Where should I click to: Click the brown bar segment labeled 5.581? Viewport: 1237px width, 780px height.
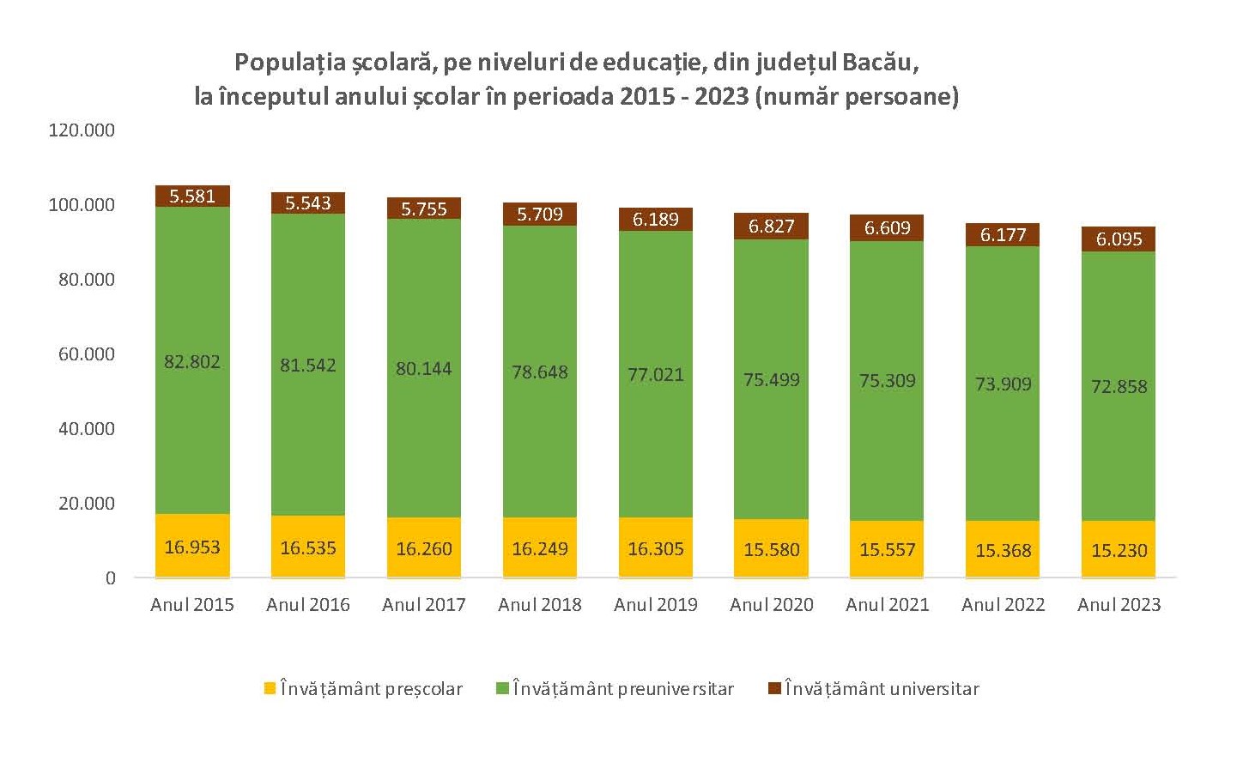tap(192, 197)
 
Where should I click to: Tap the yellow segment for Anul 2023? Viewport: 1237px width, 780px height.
tap(1119, 534)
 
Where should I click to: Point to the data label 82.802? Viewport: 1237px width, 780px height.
tap(192, 362)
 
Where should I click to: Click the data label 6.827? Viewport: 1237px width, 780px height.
tap(772, 227)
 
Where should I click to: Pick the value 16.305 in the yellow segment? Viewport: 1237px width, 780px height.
tap(656, 549)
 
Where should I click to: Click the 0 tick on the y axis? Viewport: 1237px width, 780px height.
tap(110, 578)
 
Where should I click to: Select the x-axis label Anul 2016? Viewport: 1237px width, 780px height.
tap(308, 605)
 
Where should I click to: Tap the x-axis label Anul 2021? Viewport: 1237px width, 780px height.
tap(888, 605)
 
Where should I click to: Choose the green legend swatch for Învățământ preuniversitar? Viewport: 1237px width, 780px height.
tap(503, 688)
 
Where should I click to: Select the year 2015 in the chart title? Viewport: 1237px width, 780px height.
tap(646, 95)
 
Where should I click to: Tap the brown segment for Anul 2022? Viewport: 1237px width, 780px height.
tap(1004, 235)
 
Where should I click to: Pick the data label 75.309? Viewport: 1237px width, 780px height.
tap(888, 381)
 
